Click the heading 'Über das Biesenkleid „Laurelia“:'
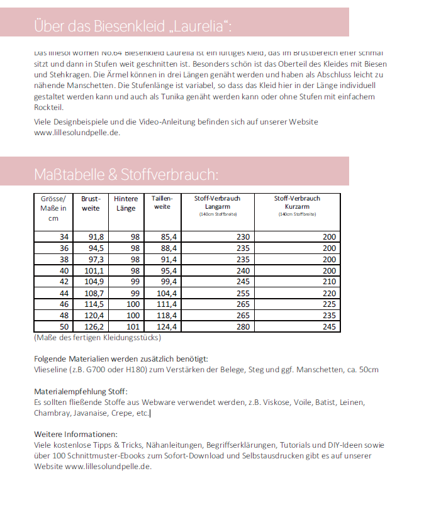[132, 26]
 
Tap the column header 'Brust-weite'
[91, 203]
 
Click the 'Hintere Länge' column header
[126, 203]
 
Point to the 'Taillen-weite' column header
[162, 202]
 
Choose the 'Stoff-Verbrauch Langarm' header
[217, 202]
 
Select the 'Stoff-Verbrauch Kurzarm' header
[297, 202]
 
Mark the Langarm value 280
[243, 327]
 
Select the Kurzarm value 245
[329, 327]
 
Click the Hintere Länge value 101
[133, 327]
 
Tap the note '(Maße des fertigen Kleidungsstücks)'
[97, 338]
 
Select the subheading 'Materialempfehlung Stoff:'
[81, 391]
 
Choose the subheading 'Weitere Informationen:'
[75, 435]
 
